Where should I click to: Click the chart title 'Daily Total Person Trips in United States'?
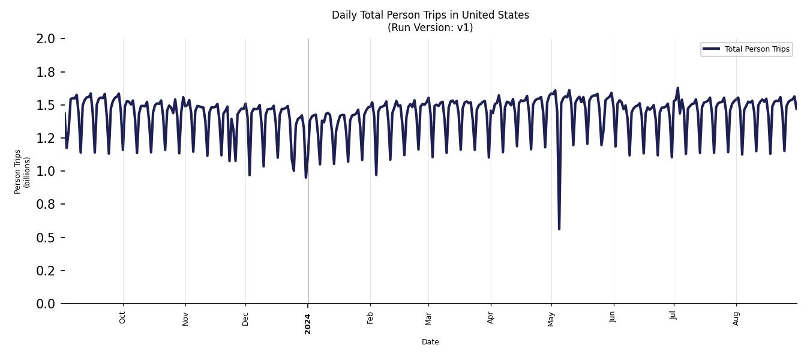tap(430, 15)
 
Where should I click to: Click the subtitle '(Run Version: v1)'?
tap(430, 28)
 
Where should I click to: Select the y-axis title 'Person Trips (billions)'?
tap(22, 172)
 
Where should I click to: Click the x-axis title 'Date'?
tap(430, 342)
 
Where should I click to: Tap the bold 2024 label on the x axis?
tap(308, 324)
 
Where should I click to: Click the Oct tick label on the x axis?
tap(123, 317)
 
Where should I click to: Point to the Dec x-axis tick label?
tap(245, 318)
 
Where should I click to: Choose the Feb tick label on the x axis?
tap(370, 318)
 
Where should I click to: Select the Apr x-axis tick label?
tap(491, 317)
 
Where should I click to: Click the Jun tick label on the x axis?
tap(613, 317)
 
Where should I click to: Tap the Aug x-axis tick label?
tap(736, 318)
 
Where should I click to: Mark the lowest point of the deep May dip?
tap(559, 229)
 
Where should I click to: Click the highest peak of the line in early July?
tap(678, 88)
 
